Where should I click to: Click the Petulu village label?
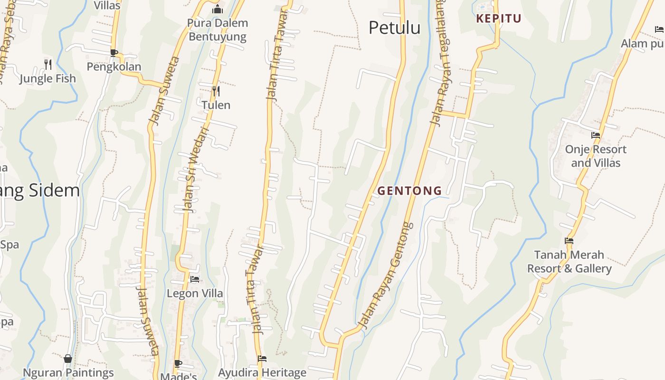(394, 28)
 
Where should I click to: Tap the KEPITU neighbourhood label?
(499, 19)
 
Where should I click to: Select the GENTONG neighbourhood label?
(409, 191)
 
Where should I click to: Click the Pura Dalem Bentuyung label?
(218, 29)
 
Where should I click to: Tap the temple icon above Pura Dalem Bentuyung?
(218, 9)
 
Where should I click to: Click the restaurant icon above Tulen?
(216, 90)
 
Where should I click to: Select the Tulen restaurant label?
(216, 105)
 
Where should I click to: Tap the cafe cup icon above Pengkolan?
(114, 52)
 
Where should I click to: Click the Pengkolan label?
(114, 66)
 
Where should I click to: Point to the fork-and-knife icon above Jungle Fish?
(48, 64)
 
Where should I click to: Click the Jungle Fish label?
(47, 78)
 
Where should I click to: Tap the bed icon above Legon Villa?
(195, 279)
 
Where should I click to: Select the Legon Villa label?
(195, 293)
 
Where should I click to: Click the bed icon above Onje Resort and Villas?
(595, 135)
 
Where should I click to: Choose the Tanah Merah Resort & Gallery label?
(569, 262)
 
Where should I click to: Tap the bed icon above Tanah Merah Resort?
(569, 240)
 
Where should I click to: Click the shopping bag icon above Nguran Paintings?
(68, 358)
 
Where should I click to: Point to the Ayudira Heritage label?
(262, 372)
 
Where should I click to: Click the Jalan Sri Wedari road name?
(192, 170)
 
